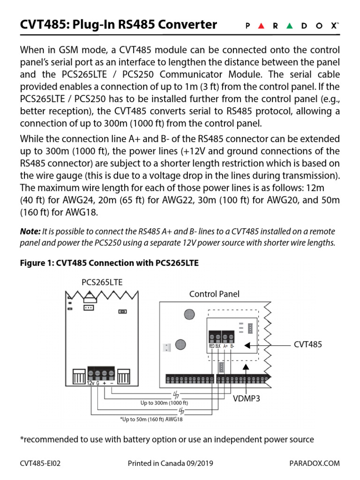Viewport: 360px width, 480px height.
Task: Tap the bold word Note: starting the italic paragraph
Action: [30, 232]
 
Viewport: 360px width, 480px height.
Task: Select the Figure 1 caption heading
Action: [109, 263]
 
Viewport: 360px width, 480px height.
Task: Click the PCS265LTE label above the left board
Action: [102, 282]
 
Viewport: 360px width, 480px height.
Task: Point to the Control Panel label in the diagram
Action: [214, 294]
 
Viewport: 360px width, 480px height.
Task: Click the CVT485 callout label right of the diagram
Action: [308, 345]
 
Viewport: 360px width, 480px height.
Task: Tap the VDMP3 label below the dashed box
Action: [247, 399]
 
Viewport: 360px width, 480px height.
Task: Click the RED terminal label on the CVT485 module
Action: [211, 346]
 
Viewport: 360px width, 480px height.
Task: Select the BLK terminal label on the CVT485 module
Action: [218, 346]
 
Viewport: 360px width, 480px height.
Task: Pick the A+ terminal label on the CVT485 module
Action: [225, 346]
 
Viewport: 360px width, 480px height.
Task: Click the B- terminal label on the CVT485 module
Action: [232, 346]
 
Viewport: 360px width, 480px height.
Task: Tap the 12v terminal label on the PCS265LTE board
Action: [90, 383]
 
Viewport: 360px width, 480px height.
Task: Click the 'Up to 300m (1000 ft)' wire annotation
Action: [164, 403]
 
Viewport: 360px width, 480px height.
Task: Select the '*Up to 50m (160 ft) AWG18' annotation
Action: [151, 420]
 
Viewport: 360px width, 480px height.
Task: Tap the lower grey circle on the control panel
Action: [181, 345]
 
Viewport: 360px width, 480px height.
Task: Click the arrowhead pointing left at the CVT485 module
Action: [247, 345]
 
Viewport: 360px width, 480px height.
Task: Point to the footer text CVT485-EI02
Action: [40, 464]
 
